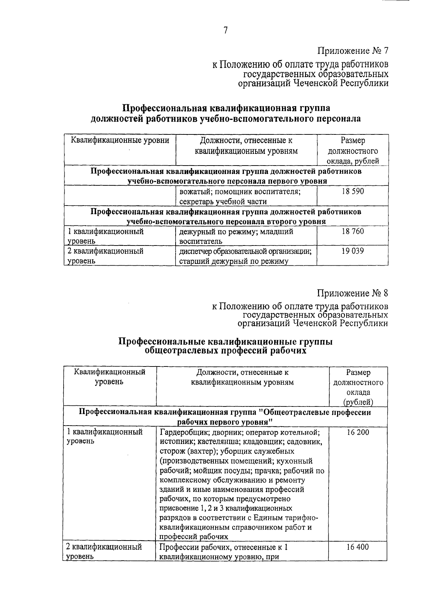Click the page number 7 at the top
(225, 30)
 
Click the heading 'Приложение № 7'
(353, 51)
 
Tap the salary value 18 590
(353, 191)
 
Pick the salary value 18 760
(353, 231)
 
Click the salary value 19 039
(353, 251)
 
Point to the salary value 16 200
(358, 432)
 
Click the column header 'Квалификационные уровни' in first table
(120, 140)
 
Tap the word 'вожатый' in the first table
(191, 192)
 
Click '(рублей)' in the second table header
(358, 402)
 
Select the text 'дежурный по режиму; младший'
(236, 232)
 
